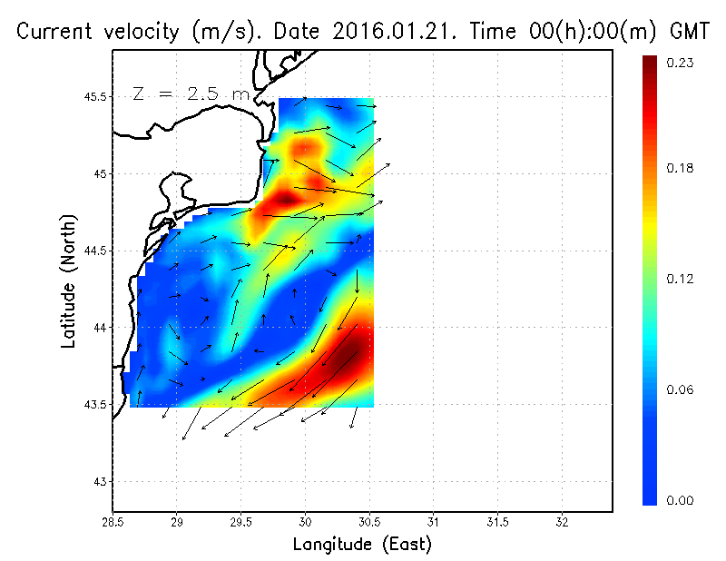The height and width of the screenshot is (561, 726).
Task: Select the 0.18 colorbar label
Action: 682,169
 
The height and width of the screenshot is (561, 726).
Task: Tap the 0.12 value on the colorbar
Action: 682,279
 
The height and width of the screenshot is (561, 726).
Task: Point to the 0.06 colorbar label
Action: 682,390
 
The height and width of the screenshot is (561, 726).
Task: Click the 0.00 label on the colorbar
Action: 682,500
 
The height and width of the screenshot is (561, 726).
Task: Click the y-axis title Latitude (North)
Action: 69,280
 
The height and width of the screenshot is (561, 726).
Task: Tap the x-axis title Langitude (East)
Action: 362,545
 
